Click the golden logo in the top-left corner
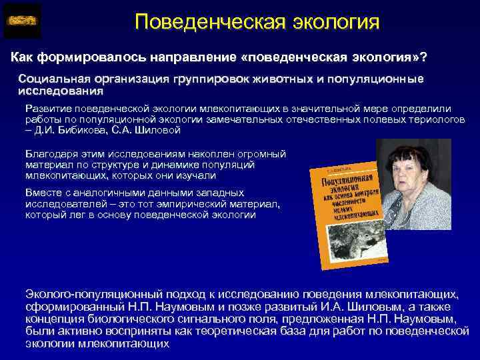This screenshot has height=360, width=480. click(x=22, y=21)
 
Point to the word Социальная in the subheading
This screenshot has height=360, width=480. click(x=50, y=79)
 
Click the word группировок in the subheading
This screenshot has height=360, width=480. click(x=209, y=79)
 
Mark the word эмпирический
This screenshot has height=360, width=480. click(x=162, y=203)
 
